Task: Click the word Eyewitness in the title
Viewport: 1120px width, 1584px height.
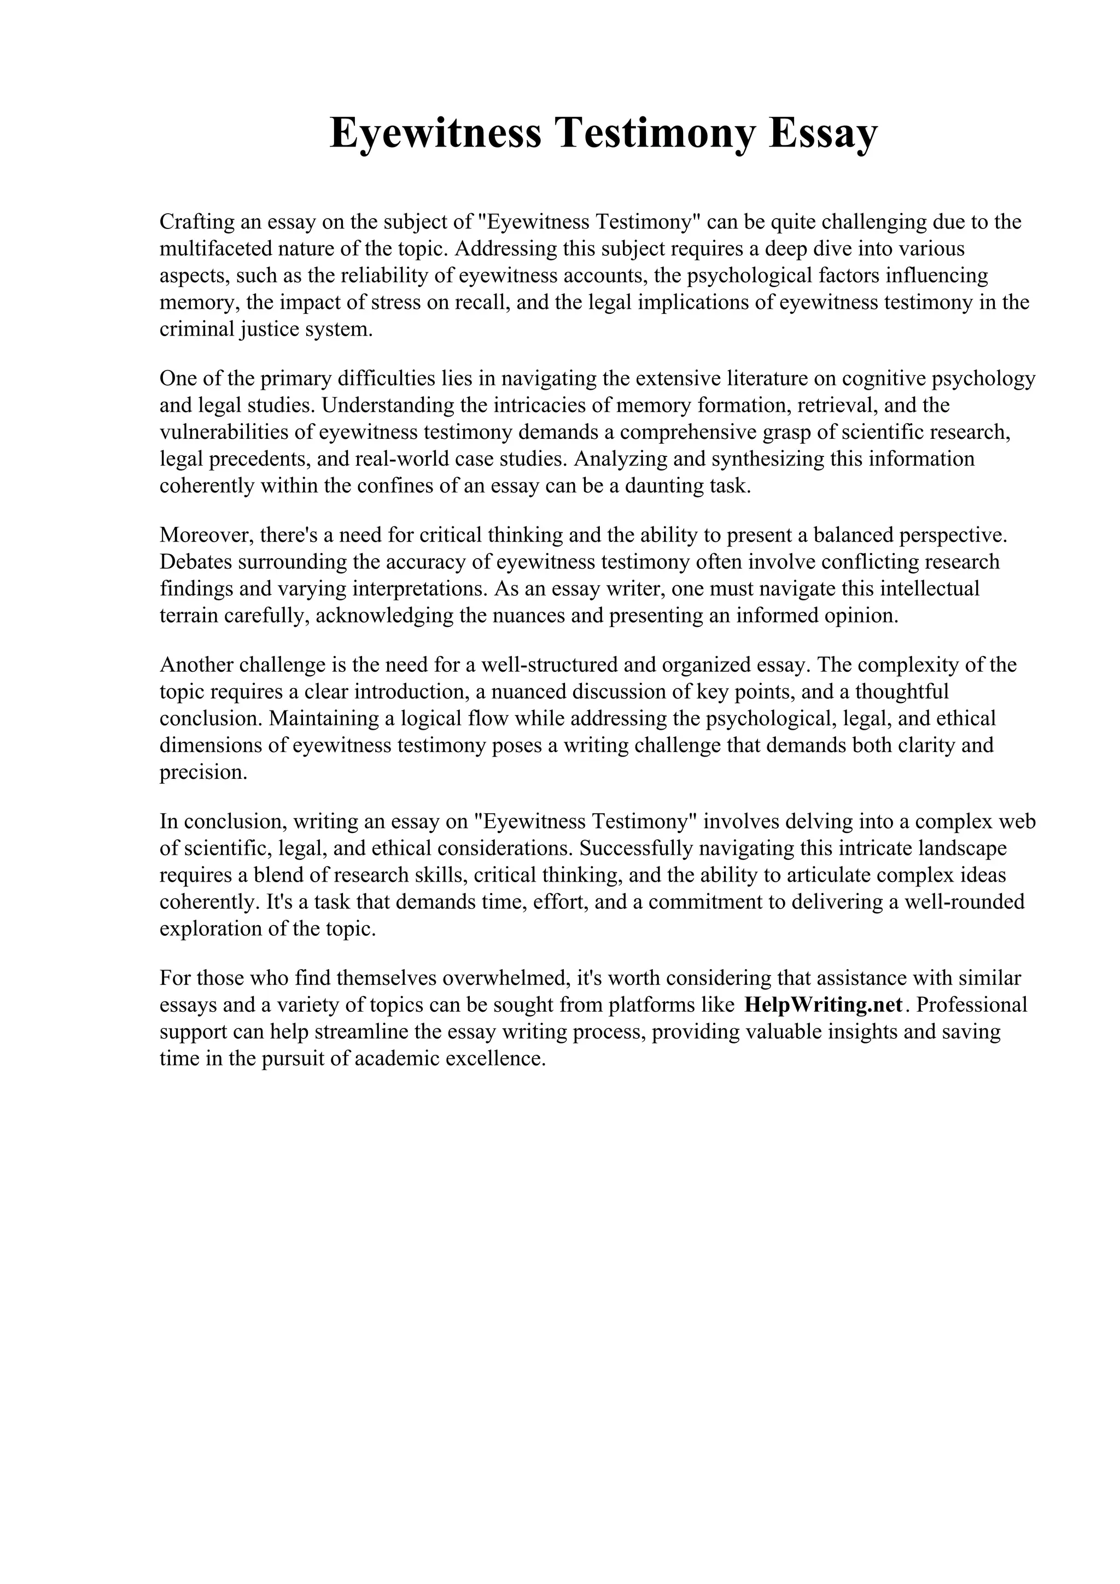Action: [x=435, y=133]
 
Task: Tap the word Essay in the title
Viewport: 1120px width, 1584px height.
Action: [x=822, y=133]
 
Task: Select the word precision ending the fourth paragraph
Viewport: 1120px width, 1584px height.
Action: [x=202, y=772]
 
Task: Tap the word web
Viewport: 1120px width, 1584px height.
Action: [x=1017, y=822]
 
